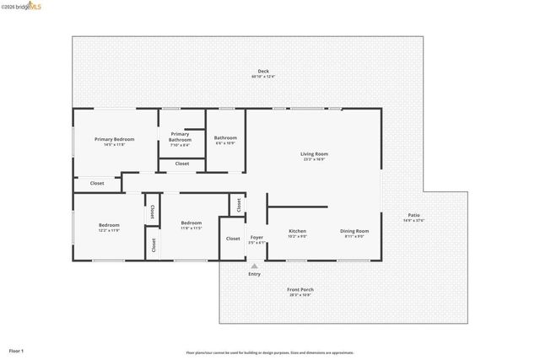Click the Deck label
tap(263, 71)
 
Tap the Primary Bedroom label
tap(114, 139)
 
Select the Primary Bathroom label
tap(180, 137)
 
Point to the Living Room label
tap(314, 153)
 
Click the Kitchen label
tap(297, 231)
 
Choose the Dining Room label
tap(354, 231)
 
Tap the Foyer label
tap(256, 237)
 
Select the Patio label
tap(413, 215)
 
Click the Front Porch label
tap(300, 289)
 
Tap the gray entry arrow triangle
tap(254, 266)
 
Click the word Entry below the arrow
tap(254, 274)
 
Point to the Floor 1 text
tap(17, 350)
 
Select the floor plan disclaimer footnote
tap(270, 352)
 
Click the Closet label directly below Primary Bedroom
tap(97, 183)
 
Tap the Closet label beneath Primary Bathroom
tap(182, 164)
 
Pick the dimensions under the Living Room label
tap(314, 159)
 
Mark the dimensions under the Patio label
tap(413, 221)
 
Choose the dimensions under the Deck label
tap(263, 77)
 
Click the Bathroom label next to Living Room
tap(225, 138)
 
